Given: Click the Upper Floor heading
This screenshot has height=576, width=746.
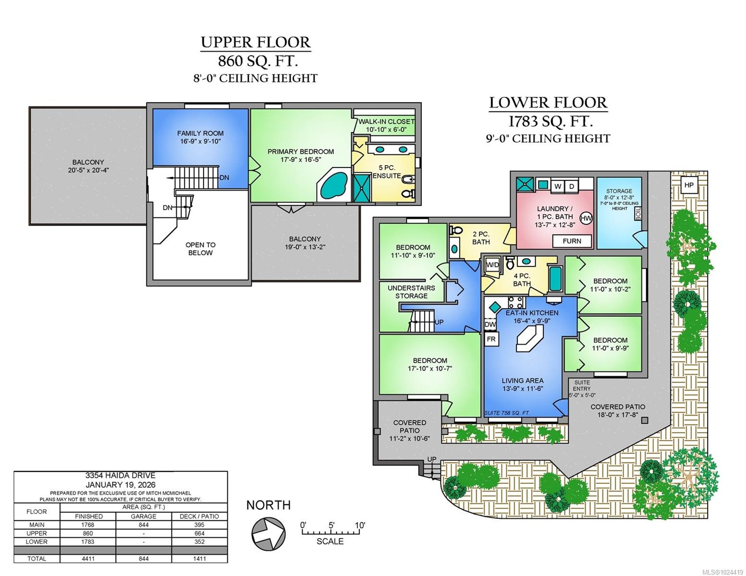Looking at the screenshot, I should [x=256, y=42].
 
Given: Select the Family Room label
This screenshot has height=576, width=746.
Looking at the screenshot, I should [x=200, y=137].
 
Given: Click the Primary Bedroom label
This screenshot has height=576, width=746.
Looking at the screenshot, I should [x=301, y=156].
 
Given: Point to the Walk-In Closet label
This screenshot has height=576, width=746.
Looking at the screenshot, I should [x=386, y=125].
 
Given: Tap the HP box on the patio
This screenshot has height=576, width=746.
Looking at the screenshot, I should [x=689, y=185].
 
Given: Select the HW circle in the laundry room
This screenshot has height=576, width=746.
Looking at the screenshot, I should [x=586, y=218].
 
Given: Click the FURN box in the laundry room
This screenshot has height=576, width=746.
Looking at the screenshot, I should [x=572, y=241].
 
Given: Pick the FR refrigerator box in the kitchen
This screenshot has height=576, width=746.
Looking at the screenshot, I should [x=491, y=339].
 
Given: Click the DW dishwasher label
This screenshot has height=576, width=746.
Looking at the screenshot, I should [x=490, y=324].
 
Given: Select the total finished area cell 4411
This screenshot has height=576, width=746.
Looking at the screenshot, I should [x=88, y=558].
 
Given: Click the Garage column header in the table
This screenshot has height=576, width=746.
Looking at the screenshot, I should [x=144, y=516].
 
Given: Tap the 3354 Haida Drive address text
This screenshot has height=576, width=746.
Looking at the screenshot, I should [x=120, y=475].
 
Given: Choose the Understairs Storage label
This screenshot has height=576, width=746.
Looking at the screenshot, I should [x=411, y=292].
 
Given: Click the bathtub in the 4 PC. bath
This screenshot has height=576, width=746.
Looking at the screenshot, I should [x=556, y=279].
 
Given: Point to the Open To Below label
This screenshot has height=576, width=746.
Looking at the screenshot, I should [x=200, y=249].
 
